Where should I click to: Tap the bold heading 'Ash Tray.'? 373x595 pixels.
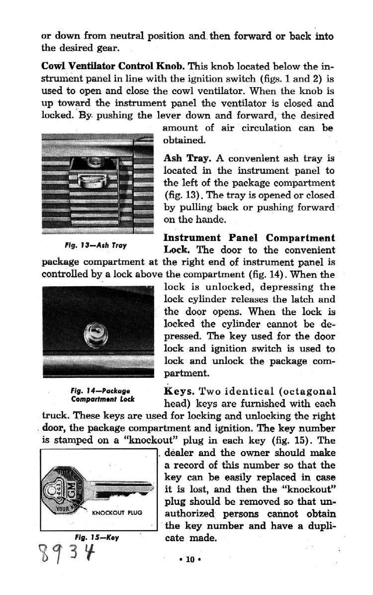tap(186, 159)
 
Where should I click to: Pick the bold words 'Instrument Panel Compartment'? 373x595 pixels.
tap(249, 238)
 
